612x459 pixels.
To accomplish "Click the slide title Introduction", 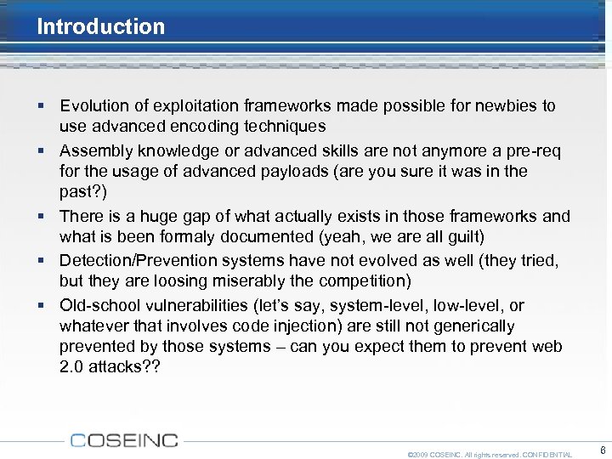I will click(x=100, y=26).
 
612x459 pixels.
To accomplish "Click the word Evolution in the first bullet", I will click(x=94, y=106).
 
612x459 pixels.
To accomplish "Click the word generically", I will click(x=471, y=326).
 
